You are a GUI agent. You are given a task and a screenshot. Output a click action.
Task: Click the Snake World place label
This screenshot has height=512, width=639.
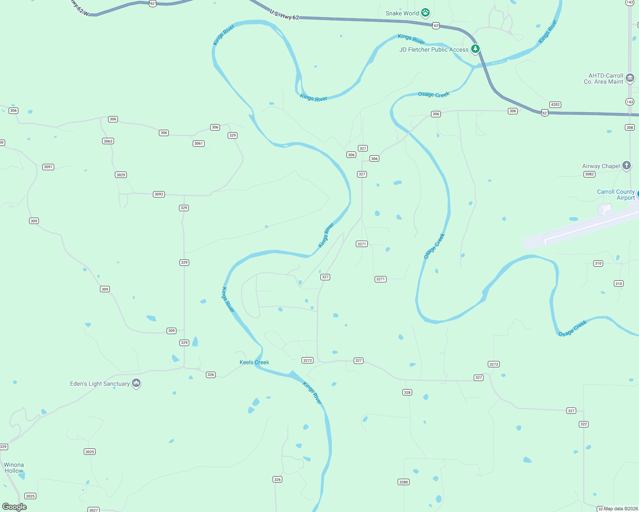click(402, 13)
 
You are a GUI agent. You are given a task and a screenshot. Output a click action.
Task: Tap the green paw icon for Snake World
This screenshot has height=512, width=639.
click(425, 13)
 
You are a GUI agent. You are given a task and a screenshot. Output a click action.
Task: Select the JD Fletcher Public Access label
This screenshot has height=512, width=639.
click(434, 49)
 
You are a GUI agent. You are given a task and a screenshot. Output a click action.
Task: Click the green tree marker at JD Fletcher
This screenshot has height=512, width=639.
click(475, 49)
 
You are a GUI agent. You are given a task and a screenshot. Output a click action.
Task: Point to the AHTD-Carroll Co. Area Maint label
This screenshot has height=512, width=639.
click(603, 79)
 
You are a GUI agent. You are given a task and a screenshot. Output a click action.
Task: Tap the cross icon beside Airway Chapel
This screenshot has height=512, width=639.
click(627, 166)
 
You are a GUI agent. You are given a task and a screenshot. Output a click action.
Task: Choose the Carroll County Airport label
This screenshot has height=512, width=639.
click(616, 195)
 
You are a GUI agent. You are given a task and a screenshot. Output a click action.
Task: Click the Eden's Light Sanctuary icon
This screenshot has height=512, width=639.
click(136, 383)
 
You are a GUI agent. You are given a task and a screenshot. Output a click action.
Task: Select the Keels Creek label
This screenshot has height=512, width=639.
click(254, 362)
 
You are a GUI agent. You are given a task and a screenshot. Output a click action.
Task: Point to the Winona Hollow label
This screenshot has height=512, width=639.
click(14, 468)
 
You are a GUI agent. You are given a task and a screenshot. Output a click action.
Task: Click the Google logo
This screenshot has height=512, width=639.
click(15, 507)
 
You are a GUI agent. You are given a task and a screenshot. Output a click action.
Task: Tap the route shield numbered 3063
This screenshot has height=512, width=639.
click(108, 141)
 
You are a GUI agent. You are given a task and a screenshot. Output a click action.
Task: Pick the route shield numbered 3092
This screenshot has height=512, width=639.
click(159, 194)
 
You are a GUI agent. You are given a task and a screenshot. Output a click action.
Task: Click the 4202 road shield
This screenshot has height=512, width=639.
click(555, 105)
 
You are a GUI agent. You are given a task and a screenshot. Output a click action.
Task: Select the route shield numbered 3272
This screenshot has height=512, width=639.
click(308, 361)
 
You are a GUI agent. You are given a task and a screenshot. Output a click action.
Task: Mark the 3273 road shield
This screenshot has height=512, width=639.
click(494, 364)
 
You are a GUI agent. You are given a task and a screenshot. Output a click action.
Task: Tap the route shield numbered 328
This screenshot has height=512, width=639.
click(407, 393)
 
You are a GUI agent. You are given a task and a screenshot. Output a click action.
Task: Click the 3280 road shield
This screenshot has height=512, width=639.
click(404, 482)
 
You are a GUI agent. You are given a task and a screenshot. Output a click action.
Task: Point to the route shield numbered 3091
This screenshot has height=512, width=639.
click(48, 167)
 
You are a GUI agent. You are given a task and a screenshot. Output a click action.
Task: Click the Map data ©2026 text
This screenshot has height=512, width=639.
click(621, 509)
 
